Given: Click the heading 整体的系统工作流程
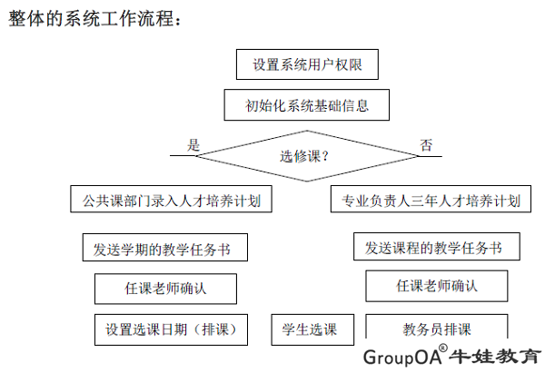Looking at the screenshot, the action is pos(94,18).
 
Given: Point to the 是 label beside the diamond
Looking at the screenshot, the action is pos(193,145).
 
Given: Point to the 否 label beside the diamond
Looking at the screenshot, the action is pos(426,145).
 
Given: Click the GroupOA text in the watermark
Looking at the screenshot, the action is pos(402,357).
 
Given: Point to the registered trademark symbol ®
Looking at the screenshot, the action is pos(443,348).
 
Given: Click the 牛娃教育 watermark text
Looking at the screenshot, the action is pos(495,357).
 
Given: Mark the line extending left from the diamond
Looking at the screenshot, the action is pos(183,155).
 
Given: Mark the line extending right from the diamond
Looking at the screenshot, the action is pos(430,156).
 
